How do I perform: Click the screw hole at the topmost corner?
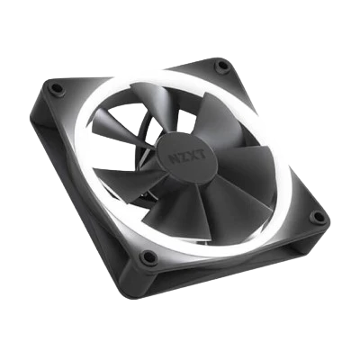tap(221, 66)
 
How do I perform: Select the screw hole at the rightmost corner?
tap(316, 217)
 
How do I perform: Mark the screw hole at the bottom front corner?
tap(149, 257)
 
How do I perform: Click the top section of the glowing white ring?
tap(180, 76)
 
